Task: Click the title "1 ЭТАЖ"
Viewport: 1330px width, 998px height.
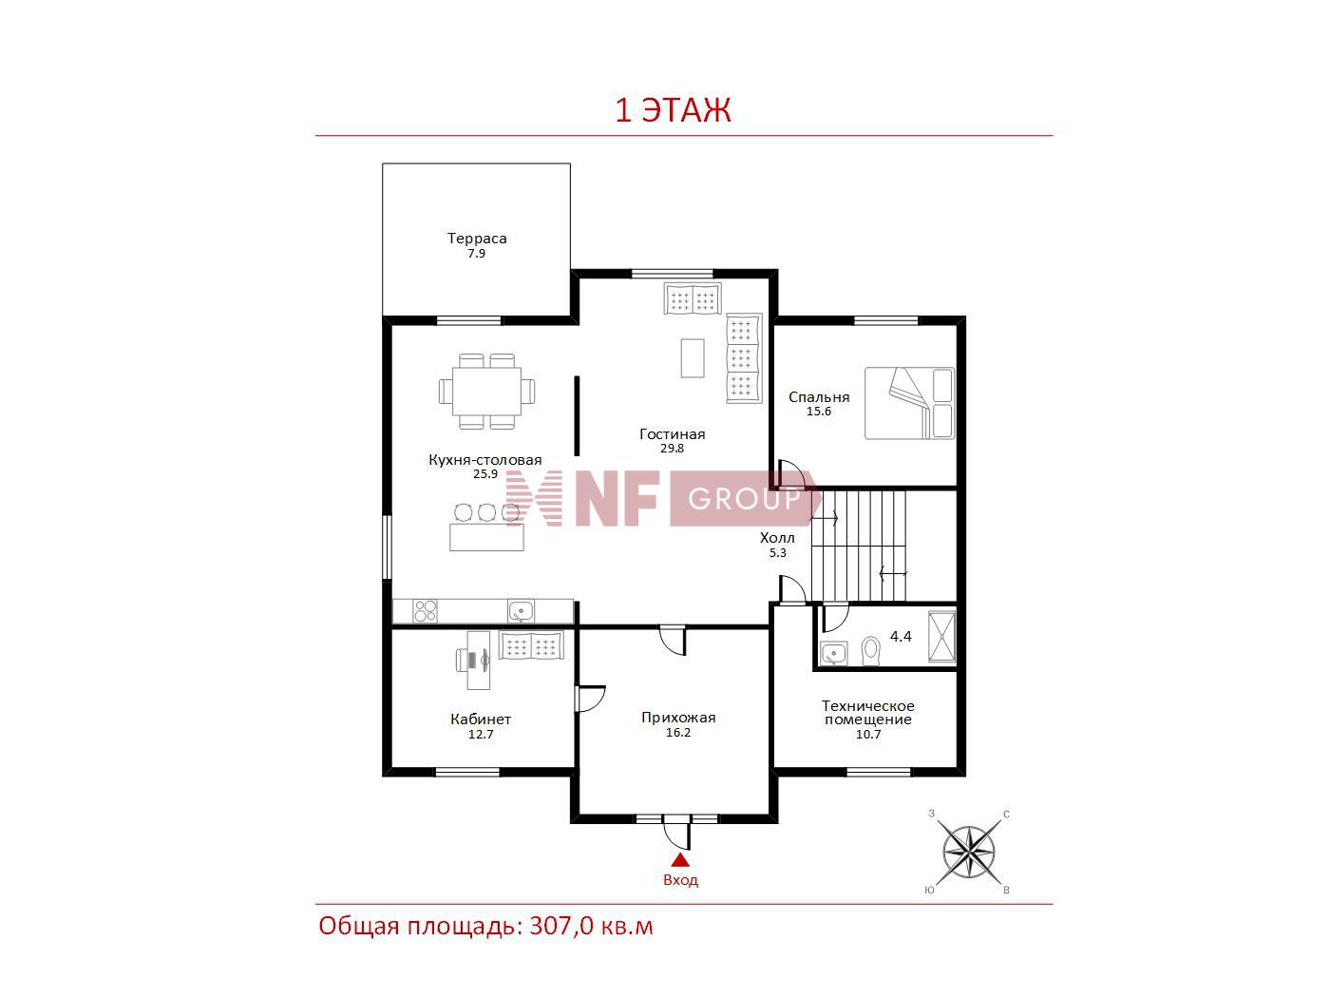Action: (673, 110)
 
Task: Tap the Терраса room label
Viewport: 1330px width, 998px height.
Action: (477, 239)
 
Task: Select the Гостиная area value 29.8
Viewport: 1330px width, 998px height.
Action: (672, 449)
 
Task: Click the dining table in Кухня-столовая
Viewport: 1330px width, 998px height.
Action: (486, 392)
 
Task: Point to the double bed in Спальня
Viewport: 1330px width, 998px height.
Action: (909, 403)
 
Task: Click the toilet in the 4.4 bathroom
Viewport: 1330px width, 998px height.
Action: (871, 651)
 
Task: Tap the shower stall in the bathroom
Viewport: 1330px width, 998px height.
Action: (941, 636)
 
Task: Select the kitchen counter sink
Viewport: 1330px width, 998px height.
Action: (521, 611)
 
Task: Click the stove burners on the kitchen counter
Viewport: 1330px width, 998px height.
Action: (425, 611)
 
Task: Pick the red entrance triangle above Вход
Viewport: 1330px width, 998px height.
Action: (680, 860)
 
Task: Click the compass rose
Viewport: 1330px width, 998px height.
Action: (969, 852)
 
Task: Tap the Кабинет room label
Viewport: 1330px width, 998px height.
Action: (481, 720)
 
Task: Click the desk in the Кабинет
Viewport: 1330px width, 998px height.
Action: (479, 660)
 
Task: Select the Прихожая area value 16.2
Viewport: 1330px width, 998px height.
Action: (678, 732)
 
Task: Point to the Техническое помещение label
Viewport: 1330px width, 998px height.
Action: (867, 713)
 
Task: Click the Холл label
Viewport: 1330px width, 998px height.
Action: (777, 537)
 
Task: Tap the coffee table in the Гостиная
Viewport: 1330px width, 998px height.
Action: (693, 358)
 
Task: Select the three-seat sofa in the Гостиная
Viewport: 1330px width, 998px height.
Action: (744, 358)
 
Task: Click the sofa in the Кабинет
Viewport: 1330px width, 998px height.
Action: (531, 644)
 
